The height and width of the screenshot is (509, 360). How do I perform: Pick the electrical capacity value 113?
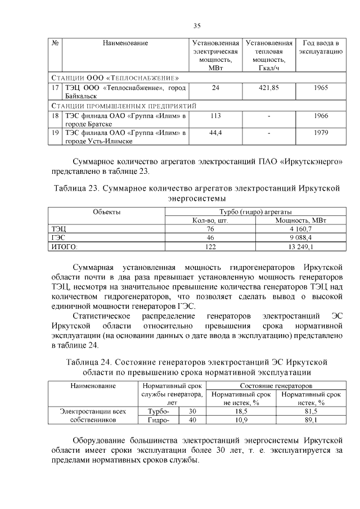pos(215,115)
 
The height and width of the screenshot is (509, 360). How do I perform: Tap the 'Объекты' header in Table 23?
pos(106,212)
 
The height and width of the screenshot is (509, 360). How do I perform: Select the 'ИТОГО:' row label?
pos(65,246)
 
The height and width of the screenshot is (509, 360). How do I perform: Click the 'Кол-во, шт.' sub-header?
pos(210,220)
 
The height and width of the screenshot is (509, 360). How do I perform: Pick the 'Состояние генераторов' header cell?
pos(276,386)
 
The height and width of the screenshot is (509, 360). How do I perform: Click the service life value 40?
pos(192,420)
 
